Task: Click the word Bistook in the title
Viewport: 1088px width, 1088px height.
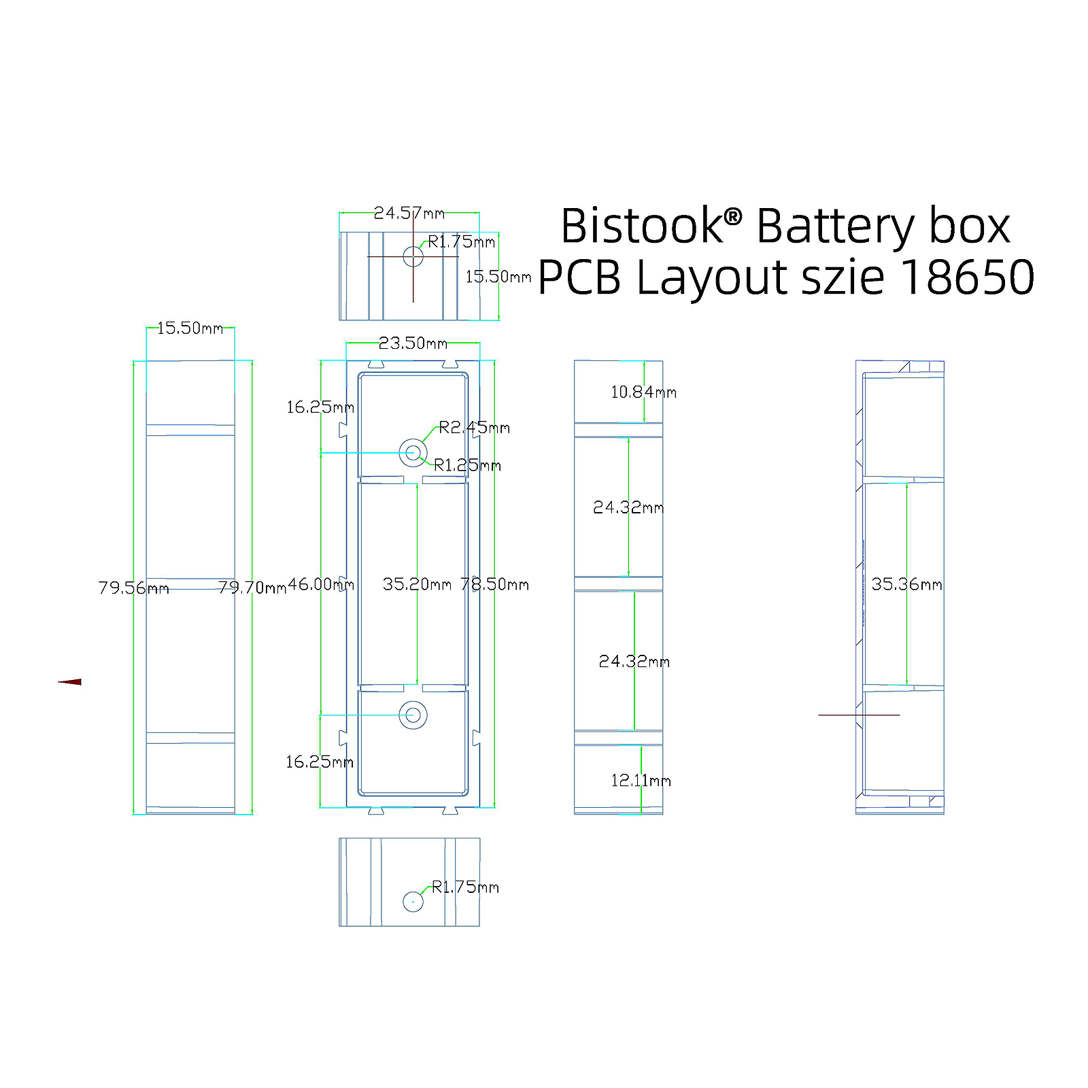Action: [642, 226]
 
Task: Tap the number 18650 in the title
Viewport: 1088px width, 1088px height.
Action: [968, 277]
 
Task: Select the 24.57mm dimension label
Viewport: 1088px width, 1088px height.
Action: [409, 213]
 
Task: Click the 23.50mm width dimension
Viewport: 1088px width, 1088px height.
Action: [413, 343]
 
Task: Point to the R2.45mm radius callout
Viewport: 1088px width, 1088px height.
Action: [474, 427]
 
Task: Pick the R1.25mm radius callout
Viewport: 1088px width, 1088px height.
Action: [467, 465]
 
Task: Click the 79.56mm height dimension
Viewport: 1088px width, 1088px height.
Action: [133, 588]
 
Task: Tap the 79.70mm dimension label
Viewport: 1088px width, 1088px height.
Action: [252, 588]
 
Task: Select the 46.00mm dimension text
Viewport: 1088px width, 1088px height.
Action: [321, 584]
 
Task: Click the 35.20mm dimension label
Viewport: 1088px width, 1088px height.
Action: [417, 584]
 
